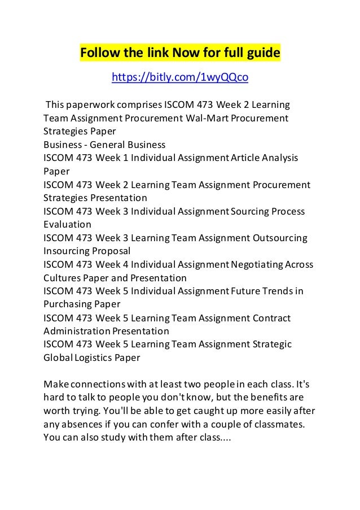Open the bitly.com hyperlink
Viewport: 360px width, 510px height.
pyautogui.click(x=180, y=77)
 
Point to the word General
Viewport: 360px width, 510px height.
pyautogui.click(x=109, y=144)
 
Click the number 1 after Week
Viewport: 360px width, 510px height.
pyautogui.click(x=125, y=158)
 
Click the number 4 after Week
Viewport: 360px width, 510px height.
pyautogui.click(x=125, y=264)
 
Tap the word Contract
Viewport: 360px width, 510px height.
pyautogui.click(x=271, y=318)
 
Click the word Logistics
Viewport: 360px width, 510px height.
pyautogui.click(x=93, y=358)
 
